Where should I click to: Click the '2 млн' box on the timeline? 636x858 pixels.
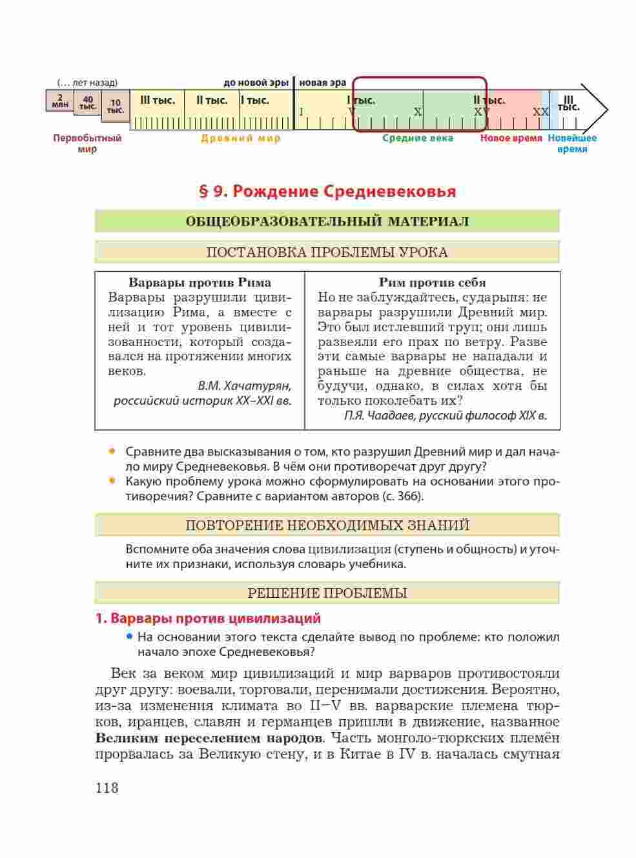tap(59, 101)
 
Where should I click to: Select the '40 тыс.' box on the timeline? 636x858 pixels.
tap(88, 103)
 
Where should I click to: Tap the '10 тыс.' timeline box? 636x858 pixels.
tap(115, 107)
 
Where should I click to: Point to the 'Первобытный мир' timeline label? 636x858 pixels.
tap(87, 143)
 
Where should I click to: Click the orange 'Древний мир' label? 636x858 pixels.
tap(241, 138)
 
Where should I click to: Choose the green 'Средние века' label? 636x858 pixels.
tap(418, 138)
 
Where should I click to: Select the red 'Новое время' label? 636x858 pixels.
tap(511, 138)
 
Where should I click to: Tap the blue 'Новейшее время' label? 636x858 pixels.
tap(572, 143)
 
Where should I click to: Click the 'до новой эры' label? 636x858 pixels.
tap(256, 83)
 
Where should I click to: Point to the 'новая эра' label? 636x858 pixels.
tap(323, 83)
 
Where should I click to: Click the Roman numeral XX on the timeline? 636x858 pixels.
tap(540, 112)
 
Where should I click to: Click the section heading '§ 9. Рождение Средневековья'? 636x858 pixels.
tap(327, 192)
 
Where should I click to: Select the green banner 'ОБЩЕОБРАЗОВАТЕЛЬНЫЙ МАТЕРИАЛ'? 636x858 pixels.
tap(327, 221)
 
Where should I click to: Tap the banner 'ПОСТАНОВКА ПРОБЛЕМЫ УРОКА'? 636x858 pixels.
tap(327, 252)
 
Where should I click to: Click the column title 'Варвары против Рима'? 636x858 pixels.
tap(200, 283)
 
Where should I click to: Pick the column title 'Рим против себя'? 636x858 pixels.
tap(432, 283)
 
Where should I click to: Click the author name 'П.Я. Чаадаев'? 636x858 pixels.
tap(380, 416)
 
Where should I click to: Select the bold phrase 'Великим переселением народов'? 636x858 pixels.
tap(209, 738)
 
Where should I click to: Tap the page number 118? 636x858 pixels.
tap(107, 788)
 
